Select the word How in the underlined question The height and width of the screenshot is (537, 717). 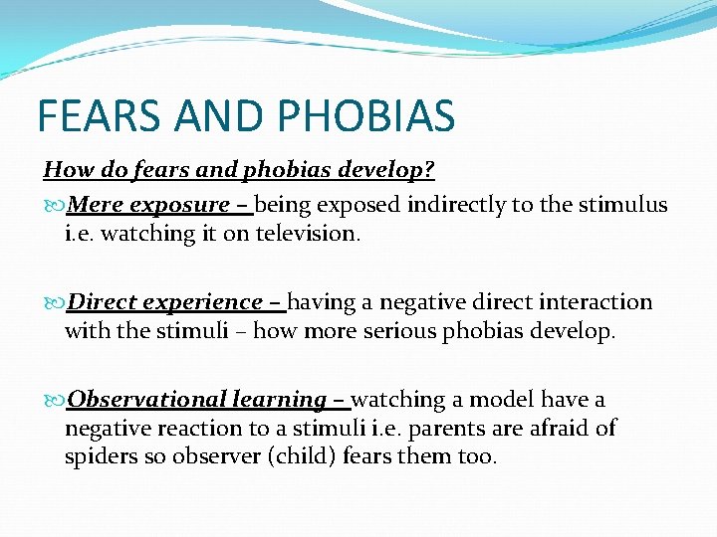pos(65,170)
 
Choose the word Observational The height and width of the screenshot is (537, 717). pos(146,400)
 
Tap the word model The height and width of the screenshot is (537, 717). pos(502,400)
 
